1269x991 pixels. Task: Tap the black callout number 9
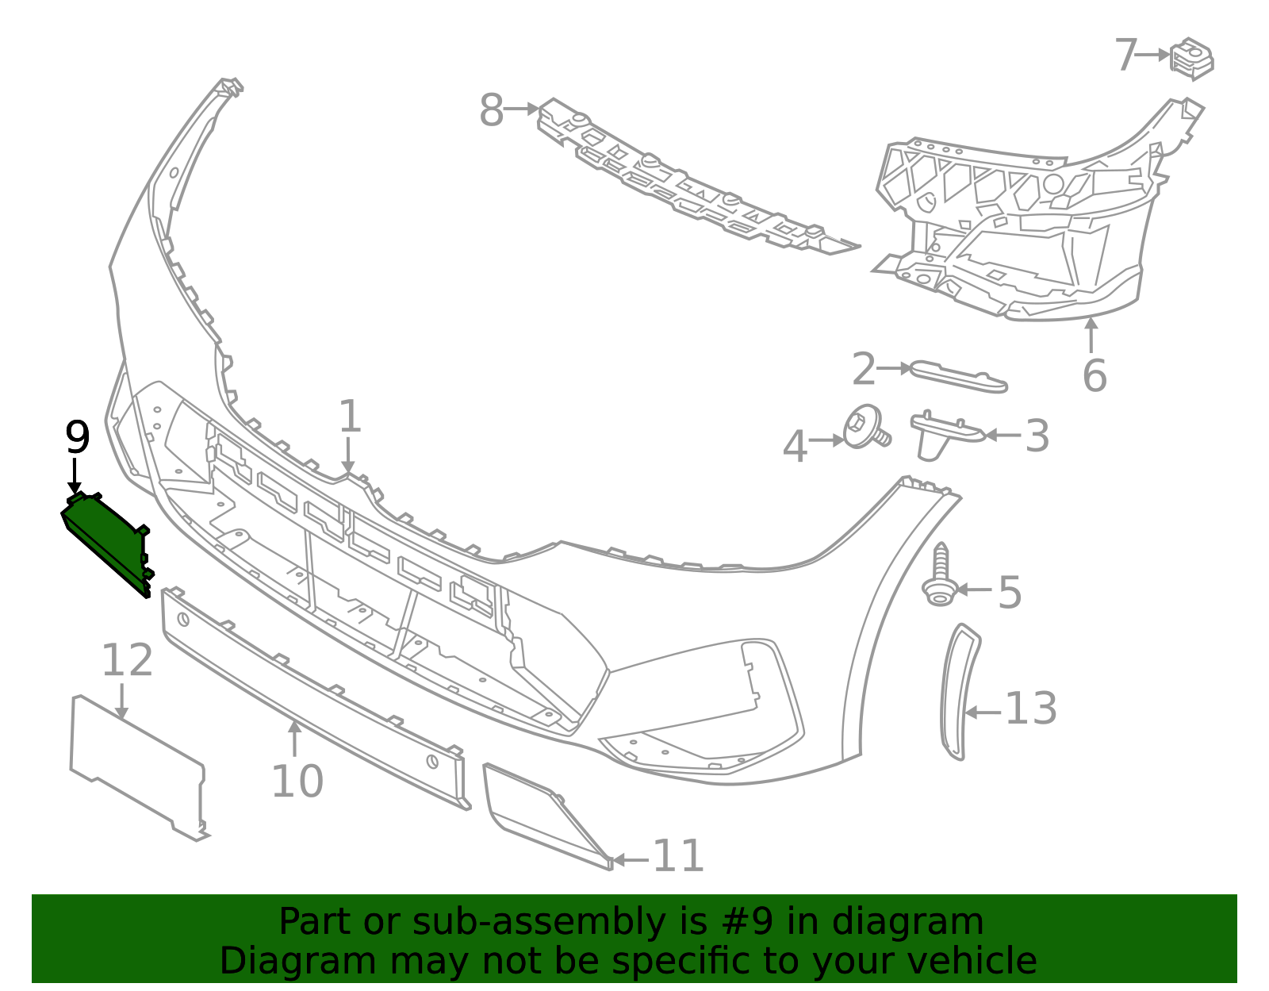click(77, 437)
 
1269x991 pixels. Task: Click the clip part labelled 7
click(1192, 59)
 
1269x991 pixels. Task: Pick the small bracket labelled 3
click(946, 435)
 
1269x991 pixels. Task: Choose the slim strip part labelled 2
click(958, 376)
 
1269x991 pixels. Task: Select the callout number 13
click(1031, 709)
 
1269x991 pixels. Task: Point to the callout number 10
click(297, 781)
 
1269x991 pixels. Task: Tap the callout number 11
click(678, 856)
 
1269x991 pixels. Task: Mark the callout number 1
click(349, 417)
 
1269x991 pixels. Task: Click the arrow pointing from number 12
click(121, 701)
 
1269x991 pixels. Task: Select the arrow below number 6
click(1091, 335)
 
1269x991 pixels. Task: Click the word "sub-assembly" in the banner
click(539, 922)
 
